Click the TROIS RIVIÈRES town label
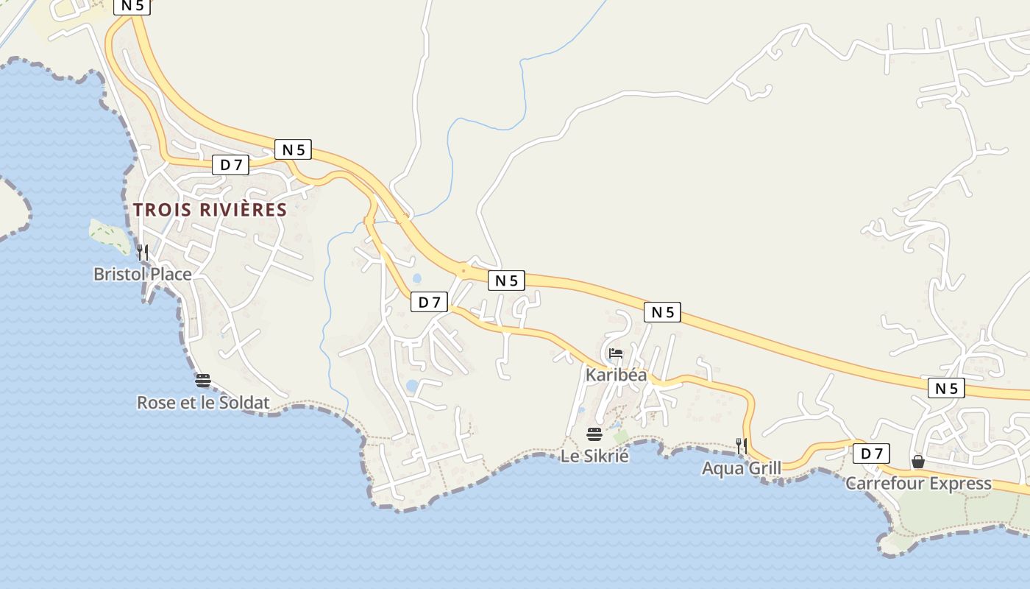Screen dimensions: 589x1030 210,210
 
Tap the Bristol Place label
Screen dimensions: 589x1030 142,275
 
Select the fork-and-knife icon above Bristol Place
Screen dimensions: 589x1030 143,253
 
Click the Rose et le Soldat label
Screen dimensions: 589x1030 203,403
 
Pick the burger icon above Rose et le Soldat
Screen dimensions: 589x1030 203,381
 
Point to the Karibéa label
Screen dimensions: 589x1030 616,375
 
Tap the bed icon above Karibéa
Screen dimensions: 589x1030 616,354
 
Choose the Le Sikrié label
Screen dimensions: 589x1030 594,456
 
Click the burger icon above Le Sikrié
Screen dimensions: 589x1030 594,434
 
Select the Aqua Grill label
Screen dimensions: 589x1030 741,468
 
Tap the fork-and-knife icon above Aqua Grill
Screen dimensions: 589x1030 742,446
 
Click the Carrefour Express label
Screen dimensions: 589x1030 918,484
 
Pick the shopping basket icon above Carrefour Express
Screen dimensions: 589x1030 918,462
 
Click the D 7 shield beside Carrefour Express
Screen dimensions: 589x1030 871,454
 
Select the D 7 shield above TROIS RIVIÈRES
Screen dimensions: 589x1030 230,165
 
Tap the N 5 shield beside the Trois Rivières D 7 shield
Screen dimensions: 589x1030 293,149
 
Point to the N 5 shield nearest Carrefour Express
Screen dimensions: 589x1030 946,388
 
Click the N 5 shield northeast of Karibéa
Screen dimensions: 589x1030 662,312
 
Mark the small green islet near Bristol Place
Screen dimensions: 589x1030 109,234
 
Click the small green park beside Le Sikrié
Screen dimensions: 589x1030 622,437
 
